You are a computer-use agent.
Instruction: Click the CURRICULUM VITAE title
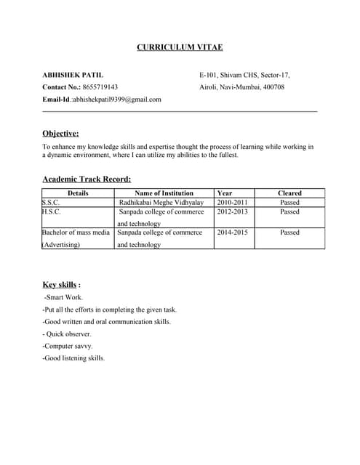[180, 47]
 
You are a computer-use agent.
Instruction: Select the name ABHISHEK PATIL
[73, 75]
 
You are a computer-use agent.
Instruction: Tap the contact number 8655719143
[100, 87]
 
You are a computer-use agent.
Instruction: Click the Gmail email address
[116, 100]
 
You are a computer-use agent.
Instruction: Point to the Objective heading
[60, 133]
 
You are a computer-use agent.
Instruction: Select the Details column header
[78, 193]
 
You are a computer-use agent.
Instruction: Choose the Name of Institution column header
[164, 193]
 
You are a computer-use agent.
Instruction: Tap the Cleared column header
[289, 193]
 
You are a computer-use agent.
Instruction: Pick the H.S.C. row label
[52, 212]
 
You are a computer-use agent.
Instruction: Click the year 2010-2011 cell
[233, 203]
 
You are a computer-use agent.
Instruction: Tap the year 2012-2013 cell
[233, 212]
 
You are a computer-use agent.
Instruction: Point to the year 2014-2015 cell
[233, 232]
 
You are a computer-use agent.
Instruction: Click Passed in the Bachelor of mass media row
[289, 232]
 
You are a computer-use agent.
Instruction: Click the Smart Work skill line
[64, 298]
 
